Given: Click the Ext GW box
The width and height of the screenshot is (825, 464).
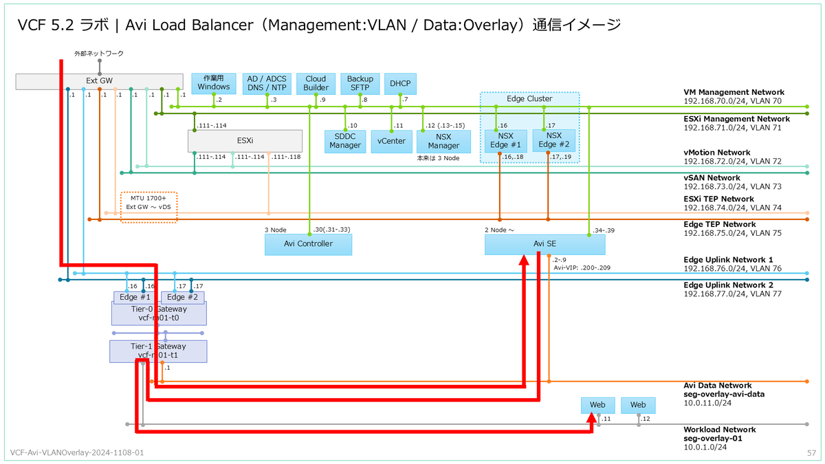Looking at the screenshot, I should coord(99,81).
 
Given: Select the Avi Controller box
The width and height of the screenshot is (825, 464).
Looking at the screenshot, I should coord(308,244).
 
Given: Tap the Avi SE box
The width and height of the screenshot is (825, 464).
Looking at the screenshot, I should coord(544,245).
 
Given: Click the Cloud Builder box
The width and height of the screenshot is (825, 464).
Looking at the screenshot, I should coord(316,83).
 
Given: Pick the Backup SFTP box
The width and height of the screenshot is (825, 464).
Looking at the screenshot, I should coord(360,83).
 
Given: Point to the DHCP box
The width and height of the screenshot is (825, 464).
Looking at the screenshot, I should coord(399,83).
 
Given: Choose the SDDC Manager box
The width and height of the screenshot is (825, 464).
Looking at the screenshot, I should coord(345,140).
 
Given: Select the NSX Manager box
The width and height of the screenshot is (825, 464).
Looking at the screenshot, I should coord(443,141).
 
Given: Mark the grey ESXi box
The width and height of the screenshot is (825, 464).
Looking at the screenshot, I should coord(245,140).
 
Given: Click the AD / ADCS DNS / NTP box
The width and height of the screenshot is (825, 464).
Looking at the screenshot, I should coord(266,83).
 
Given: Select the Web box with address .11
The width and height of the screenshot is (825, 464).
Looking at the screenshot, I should coord(597,405).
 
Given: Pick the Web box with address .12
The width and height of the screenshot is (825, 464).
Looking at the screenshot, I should coord(638,405).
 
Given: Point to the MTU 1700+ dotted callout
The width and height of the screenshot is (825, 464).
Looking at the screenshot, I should coord(149,207).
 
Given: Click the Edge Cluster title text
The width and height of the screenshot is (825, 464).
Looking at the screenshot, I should coord(529,99).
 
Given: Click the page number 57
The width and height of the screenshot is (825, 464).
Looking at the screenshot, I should coord(811,454).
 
